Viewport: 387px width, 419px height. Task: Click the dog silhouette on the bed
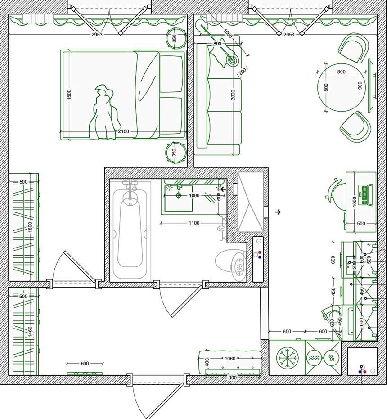[104, 113]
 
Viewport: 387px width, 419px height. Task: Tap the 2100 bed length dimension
[123, 131]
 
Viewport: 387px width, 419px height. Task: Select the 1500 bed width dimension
[69, 95]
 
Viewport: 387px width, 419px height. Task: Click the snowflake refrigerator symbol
[287, 358]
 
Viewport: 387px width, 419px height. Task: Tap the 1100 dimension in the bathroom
[193, 223]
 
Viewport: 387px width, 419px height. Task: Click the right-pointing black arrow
[278, 212]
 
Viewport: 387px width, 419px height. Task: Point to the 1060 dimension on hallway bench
[229, 359]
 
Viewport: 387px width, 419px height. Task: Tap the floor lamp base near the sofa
[233, 59]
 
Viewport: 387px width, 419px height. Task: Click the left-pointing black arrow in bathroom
[223, 189]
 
